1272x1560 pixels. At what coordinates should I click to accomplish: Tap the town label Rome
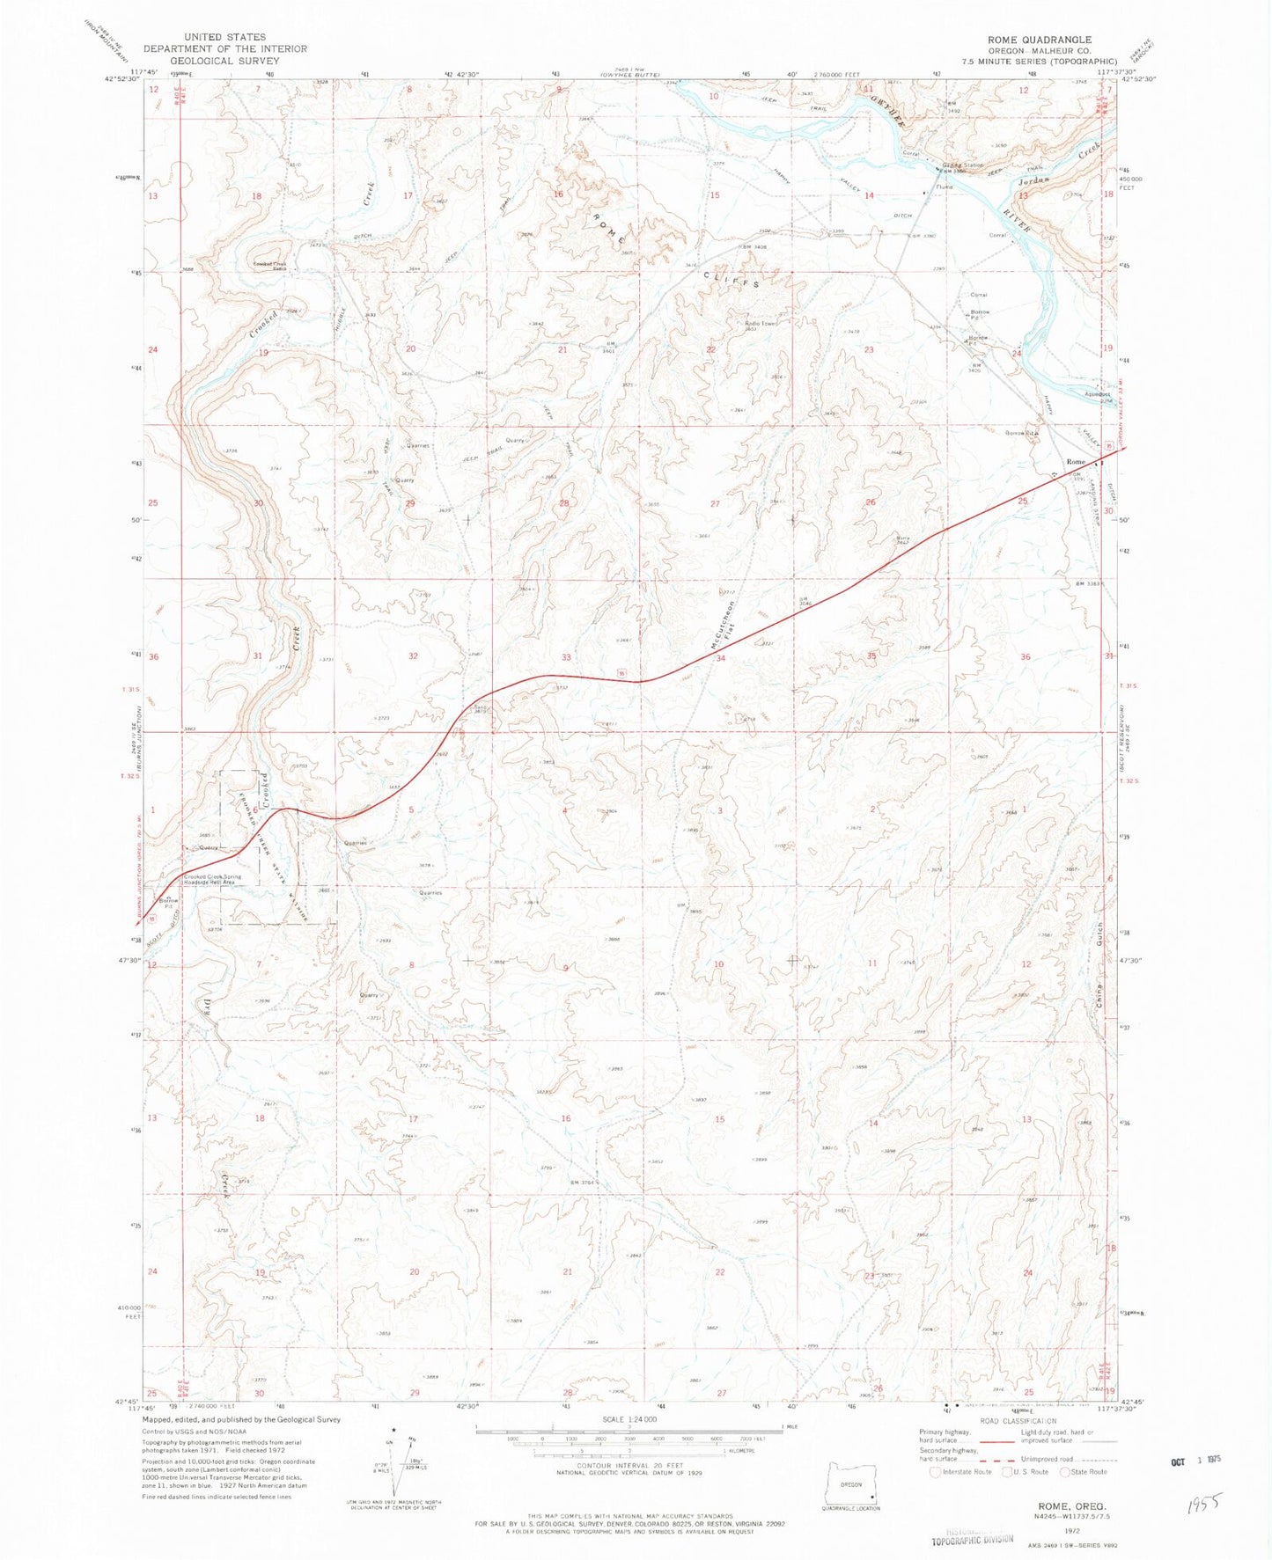pos(1075,462)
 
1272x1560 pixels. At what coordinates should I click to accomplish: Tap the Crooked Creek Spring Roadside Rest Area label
pos(217,880)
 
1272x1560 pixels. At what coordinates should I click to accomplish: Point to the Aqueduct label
pos(1098,394)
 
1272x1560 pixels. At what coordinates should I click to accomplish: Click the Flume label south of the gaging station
pos(945,187)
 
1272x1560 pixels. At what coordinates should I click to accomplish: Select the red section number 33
pos(566,657)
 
